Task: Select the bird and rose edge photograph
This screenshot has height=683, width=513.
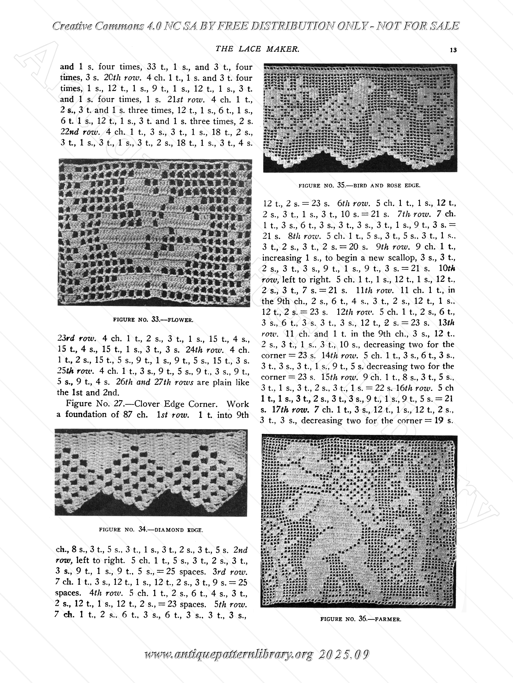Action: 360,118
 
